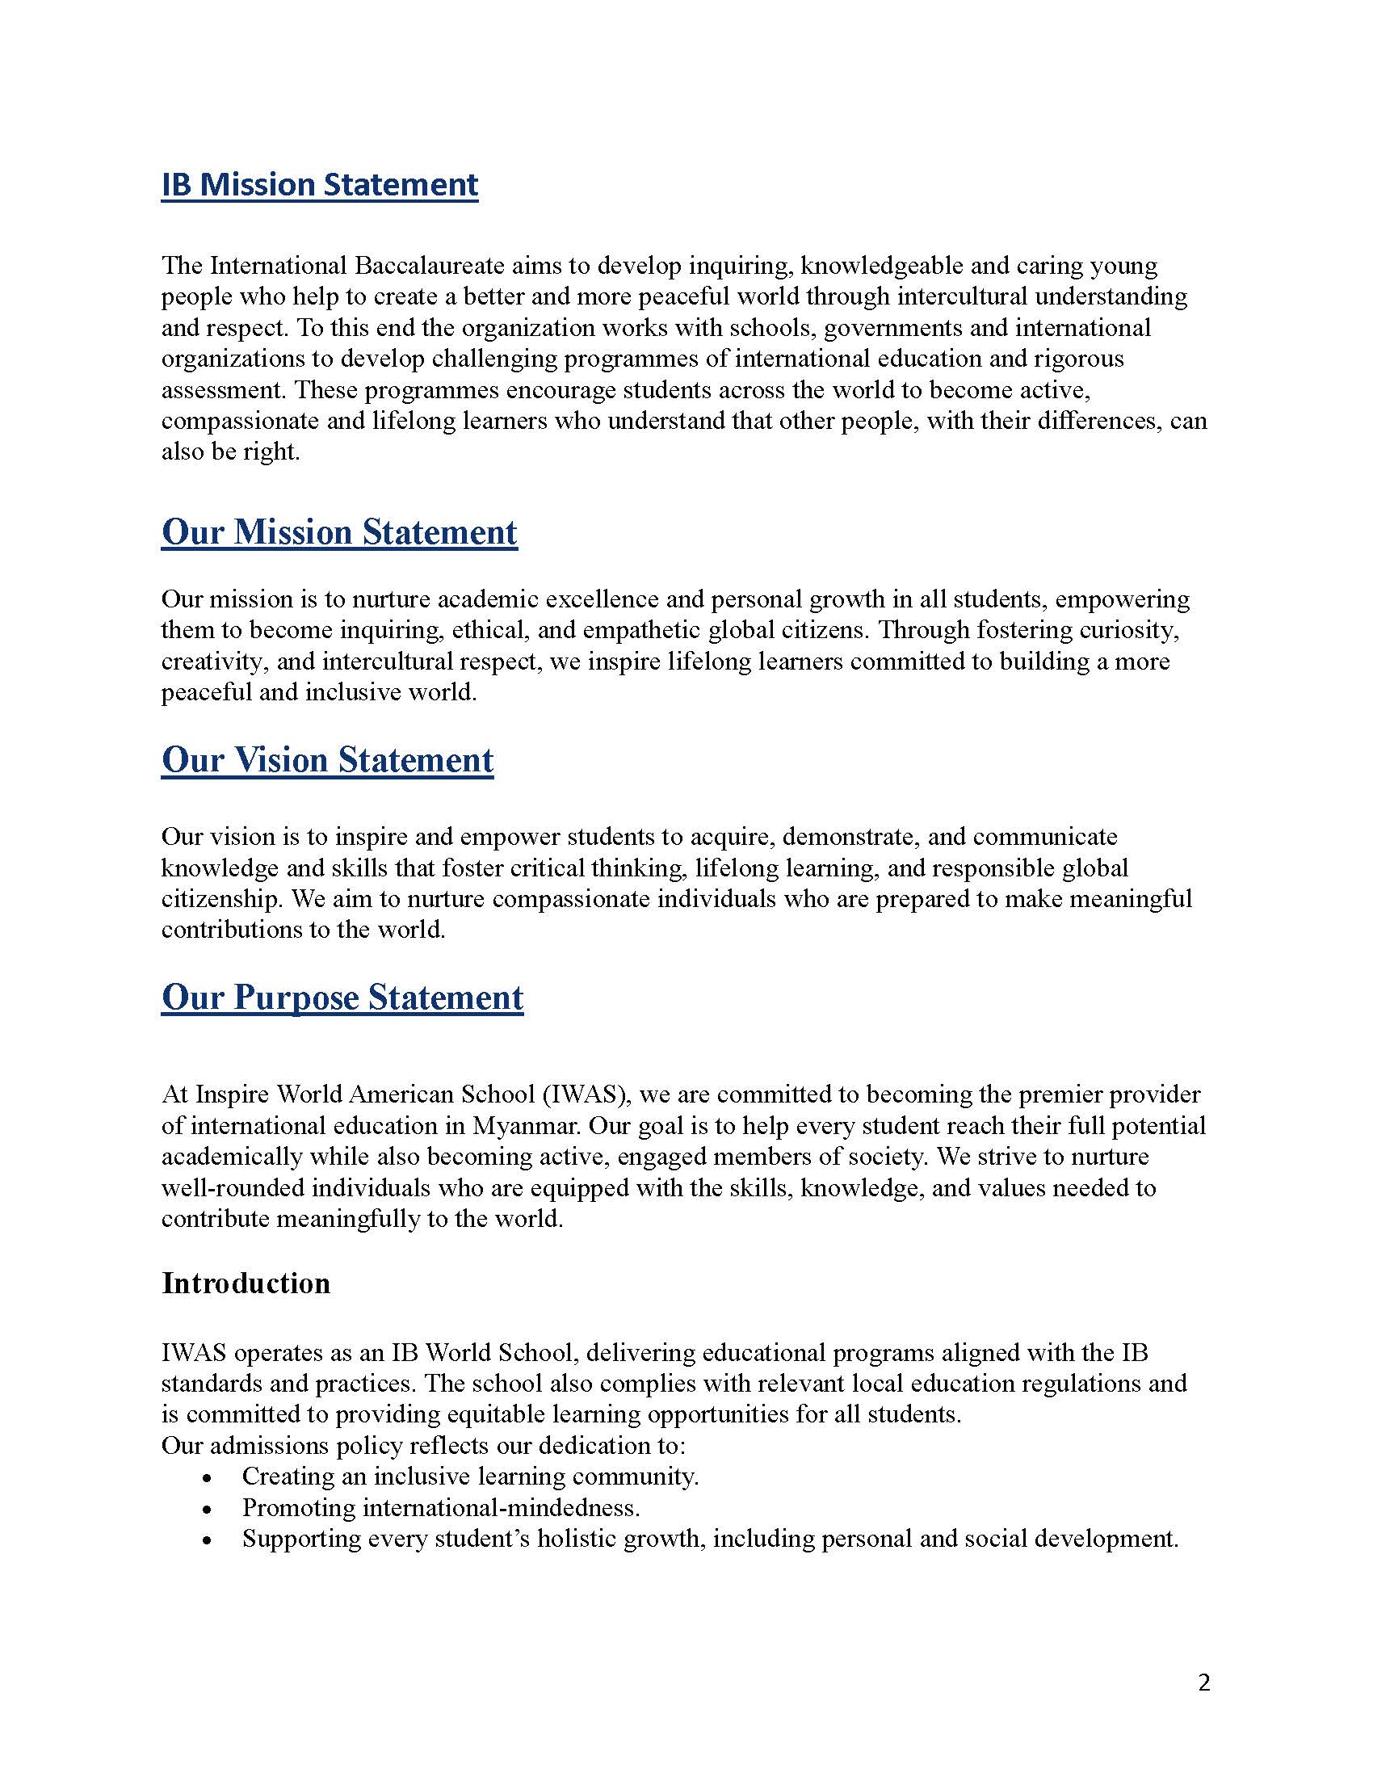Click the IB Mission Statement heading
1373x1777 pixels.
pyautogui.click(x=320, y=185)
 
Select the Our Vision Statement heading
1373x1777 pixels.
pyautogui.click(x=327, y=760)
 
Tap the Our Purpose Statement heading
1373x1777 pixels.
pyautogui.click(x=342, y=998)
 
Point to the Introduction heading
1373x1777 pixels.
pyautogui.click(x=246, y=1283)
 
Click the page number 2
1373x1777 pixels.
pyautogui.click(x=1205, y=1682)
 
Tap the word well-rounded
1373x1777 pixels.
pyautogui.click(x=233, y=1188)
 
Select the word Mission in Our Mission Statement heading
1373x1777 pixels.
pyautogui.click(x=293, y=532)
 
